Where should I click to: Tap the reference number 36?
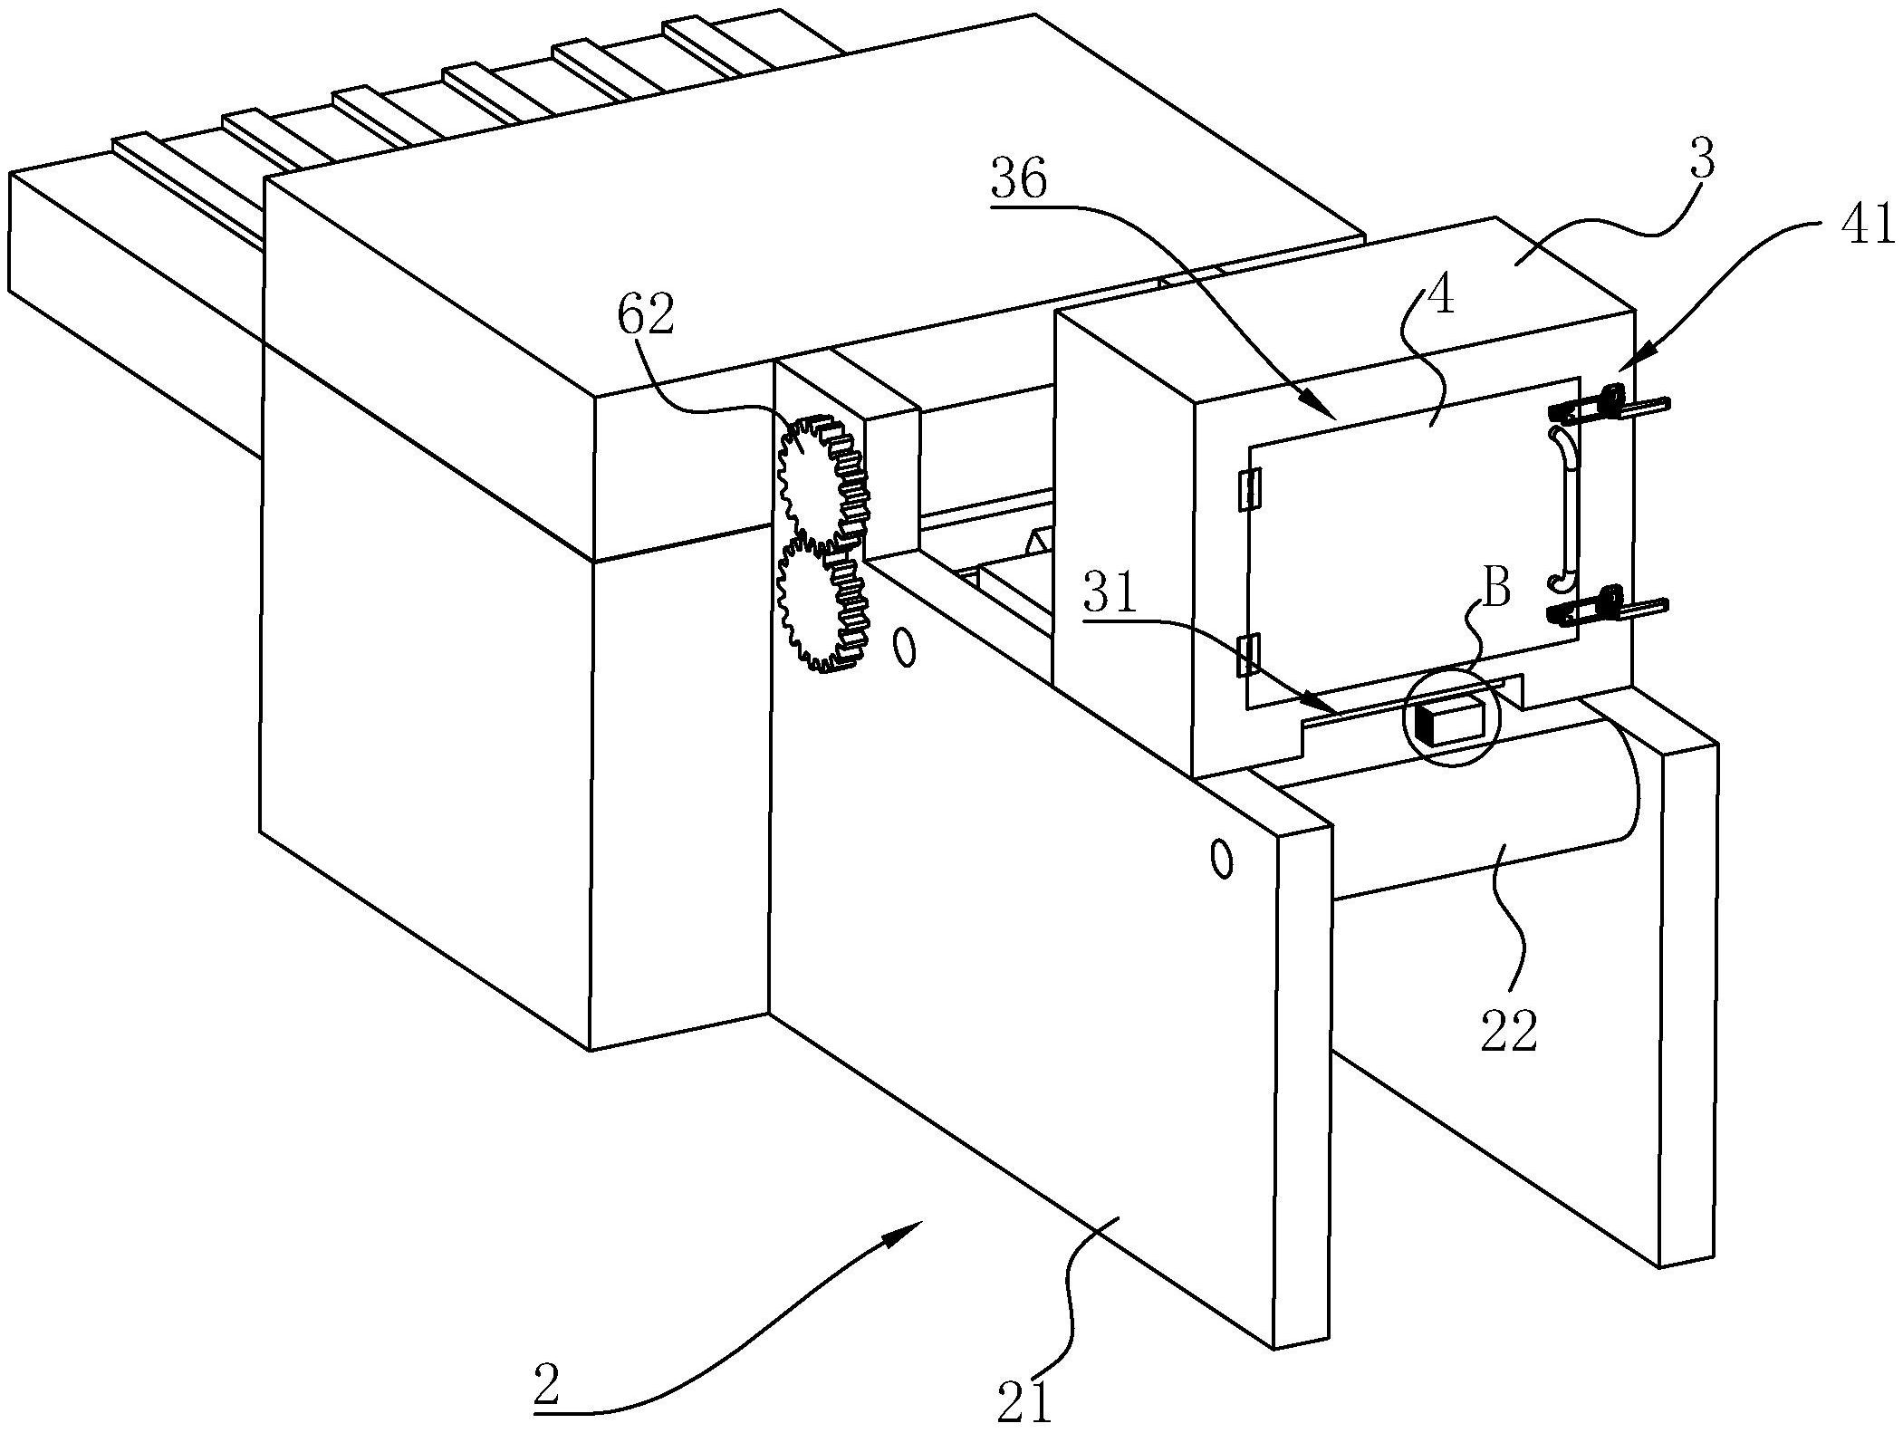[1019, 180]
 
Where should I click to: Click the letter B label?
[1497, 589]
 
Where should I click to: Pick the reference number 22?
[1509, 1031]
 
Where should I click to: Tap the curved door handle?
[1564, 509]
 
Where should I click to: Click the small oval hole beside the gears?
[903, 649]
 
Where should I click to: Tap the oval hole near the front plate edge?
[1222, 858]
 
